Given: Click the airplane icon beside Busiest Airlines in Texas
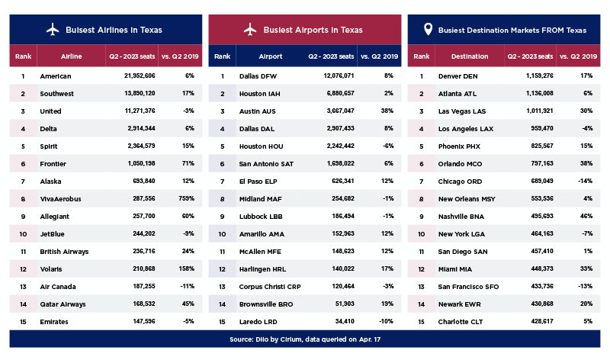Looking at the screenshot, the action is pyautogui.click(x=53, y=30).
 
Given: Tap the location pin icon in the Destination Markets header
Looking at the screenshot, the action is pyautogui.click(x=428, y=29).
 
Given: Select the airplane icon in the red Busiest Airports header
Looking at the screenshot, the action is pyautogui.click(x=250, y=30).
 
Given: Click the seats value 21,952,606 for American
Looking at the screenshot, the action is pyautogui.click(x=140, y=76).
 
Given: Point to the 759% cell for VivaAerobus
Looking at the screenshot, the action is pyautogui.click(x=186, y=198).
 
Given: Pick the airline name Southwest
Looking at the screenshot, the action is pyautogui.click(x=56, y=93).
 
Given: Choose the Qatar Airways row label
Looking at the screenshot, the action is pyautogui.click(x=63, y=304).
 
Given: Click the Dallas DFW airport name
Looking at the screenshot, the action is pyautogui.click(x=258, y=76).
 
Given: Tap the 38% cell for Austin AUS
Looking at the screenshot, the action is pyautogui.click(x=387, y=111).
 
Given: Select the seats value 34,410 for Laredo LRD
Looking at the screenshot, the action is pyautogui.click(x=345, y=321).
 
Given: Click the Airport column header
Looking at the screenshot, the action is pyautogui.click(x=271, y=56).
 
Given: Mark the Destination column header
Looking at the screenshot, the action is pyautogui.click(x=470, y=56).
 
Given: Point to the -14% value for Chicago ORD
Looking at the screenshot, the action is pyautogui.click(x=585, y=181).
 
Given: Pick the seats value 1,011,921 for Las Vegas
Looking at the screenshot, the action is pyautogui.click(x=540, y=111).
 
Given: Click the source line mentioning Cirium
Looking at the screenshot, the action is pyautogui.click(x=305, y=339).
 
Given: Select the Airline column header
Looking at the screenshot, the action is pyautogui.click(x=71, y=56).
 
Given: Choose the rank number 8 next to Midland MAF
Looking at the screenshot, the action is pyautogui.click(x=222, y=199).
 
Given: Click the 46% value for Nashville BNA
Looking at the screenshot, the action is pyautogui.click(x=586, y=216).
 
